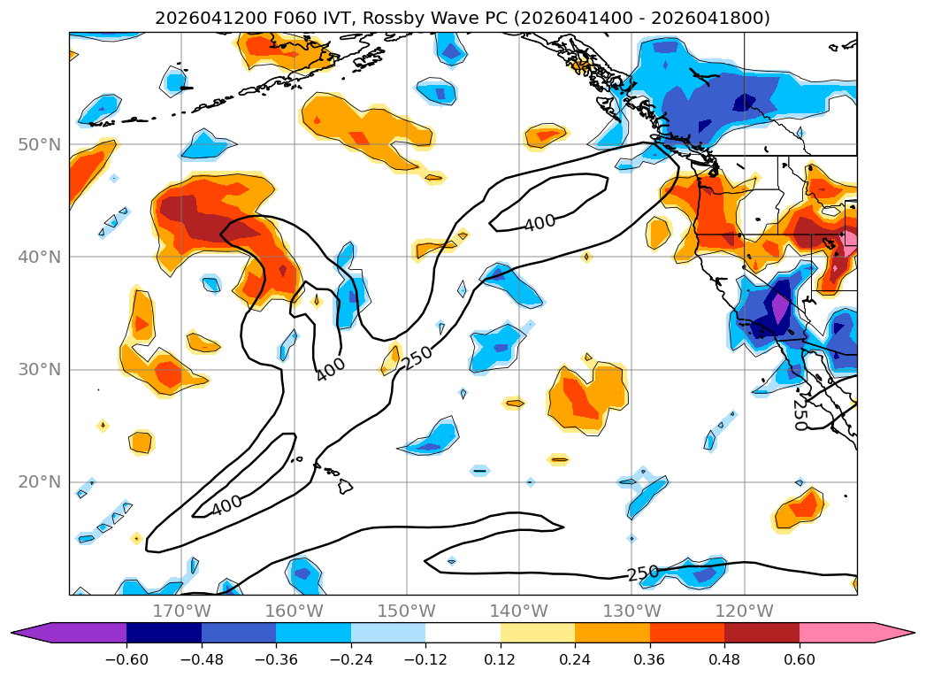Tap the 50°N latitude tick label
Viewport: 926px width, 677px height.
coord(40,145)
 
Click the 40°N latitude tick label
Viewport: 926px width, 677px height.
coord(40,257)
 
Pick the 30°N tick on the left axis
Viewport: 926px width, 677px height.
coord(40,370)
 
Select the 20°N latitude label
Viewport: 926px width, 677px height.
coord(40,482)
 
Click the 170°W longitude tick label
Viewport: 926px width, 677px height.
coord(181,611)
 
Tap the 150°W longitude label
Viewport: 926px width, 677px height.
coord(406,611)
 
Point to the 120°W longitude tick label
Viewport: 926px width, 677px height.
coord(744,611)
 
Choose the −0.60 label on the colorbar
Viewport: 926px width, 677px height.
coord(126,659)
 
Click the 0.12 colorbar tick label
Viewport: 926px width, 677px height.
coord(501,659)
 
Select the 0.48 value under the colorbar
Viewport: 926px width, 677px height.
coord(724,659)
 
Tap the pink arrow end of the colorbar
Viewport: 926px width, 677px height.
coord(892,633)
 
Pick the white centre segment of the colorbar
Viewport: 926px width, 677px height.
coord(463,633)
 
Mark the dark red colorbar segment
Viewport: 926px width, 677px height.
coord(761,633)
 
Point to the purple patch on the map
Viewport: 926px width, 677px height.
coord(780,307)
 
